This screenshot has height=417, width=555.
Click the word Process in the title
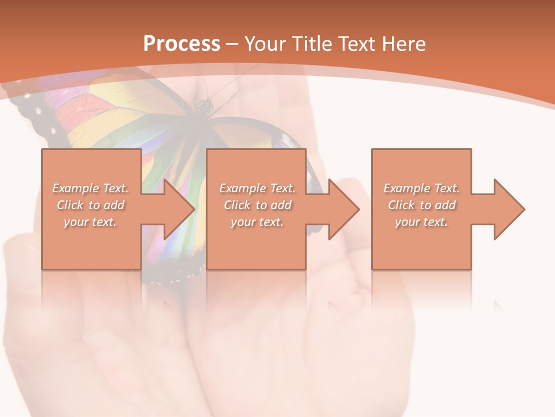182,44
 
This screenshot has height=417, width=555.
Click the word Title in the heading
310,44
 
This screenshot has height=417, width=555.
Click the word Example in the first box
75,188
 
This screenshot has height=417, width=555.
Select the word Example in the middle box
242,188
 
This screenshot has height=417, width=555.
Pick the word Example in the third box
406,188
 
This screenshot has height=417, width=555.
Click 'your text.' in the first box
90,222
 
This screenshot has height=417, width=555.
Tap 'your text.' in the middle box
257,222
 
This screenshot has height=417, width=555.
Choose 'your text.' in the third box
421,222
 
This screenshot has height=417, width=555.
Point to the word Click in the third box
402,205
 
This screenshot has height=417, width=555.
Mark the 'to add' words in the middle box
274,205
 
